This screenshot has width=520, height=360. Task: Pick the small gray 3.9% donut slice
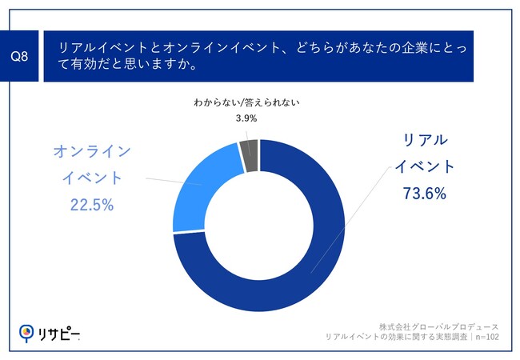tap(250, 146)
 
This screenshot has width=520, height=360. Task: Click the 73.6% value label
tap(425, 194)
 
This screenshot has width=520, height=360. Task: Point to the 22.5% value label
tap(91, 205)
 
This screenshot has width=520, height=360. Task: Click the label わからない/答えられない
tap(247, 103)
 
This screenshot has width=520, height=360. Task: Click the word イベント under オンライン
tap(90, 178)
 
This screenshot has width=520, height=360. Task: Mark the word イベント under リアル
tap(425, 166)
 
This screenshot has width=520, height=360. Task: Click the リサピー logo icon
tap(27, 332)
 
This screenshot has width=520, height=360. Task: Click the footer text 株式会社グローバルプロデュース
tap(439, 327)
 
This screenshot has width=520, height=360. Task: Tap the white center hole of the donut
tap(258, 225)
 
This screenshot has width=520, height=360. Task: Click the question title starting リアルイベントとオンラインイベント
tap(265, 48)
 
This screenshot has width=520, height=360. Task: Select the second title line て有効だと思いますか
tap(128, 66)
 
